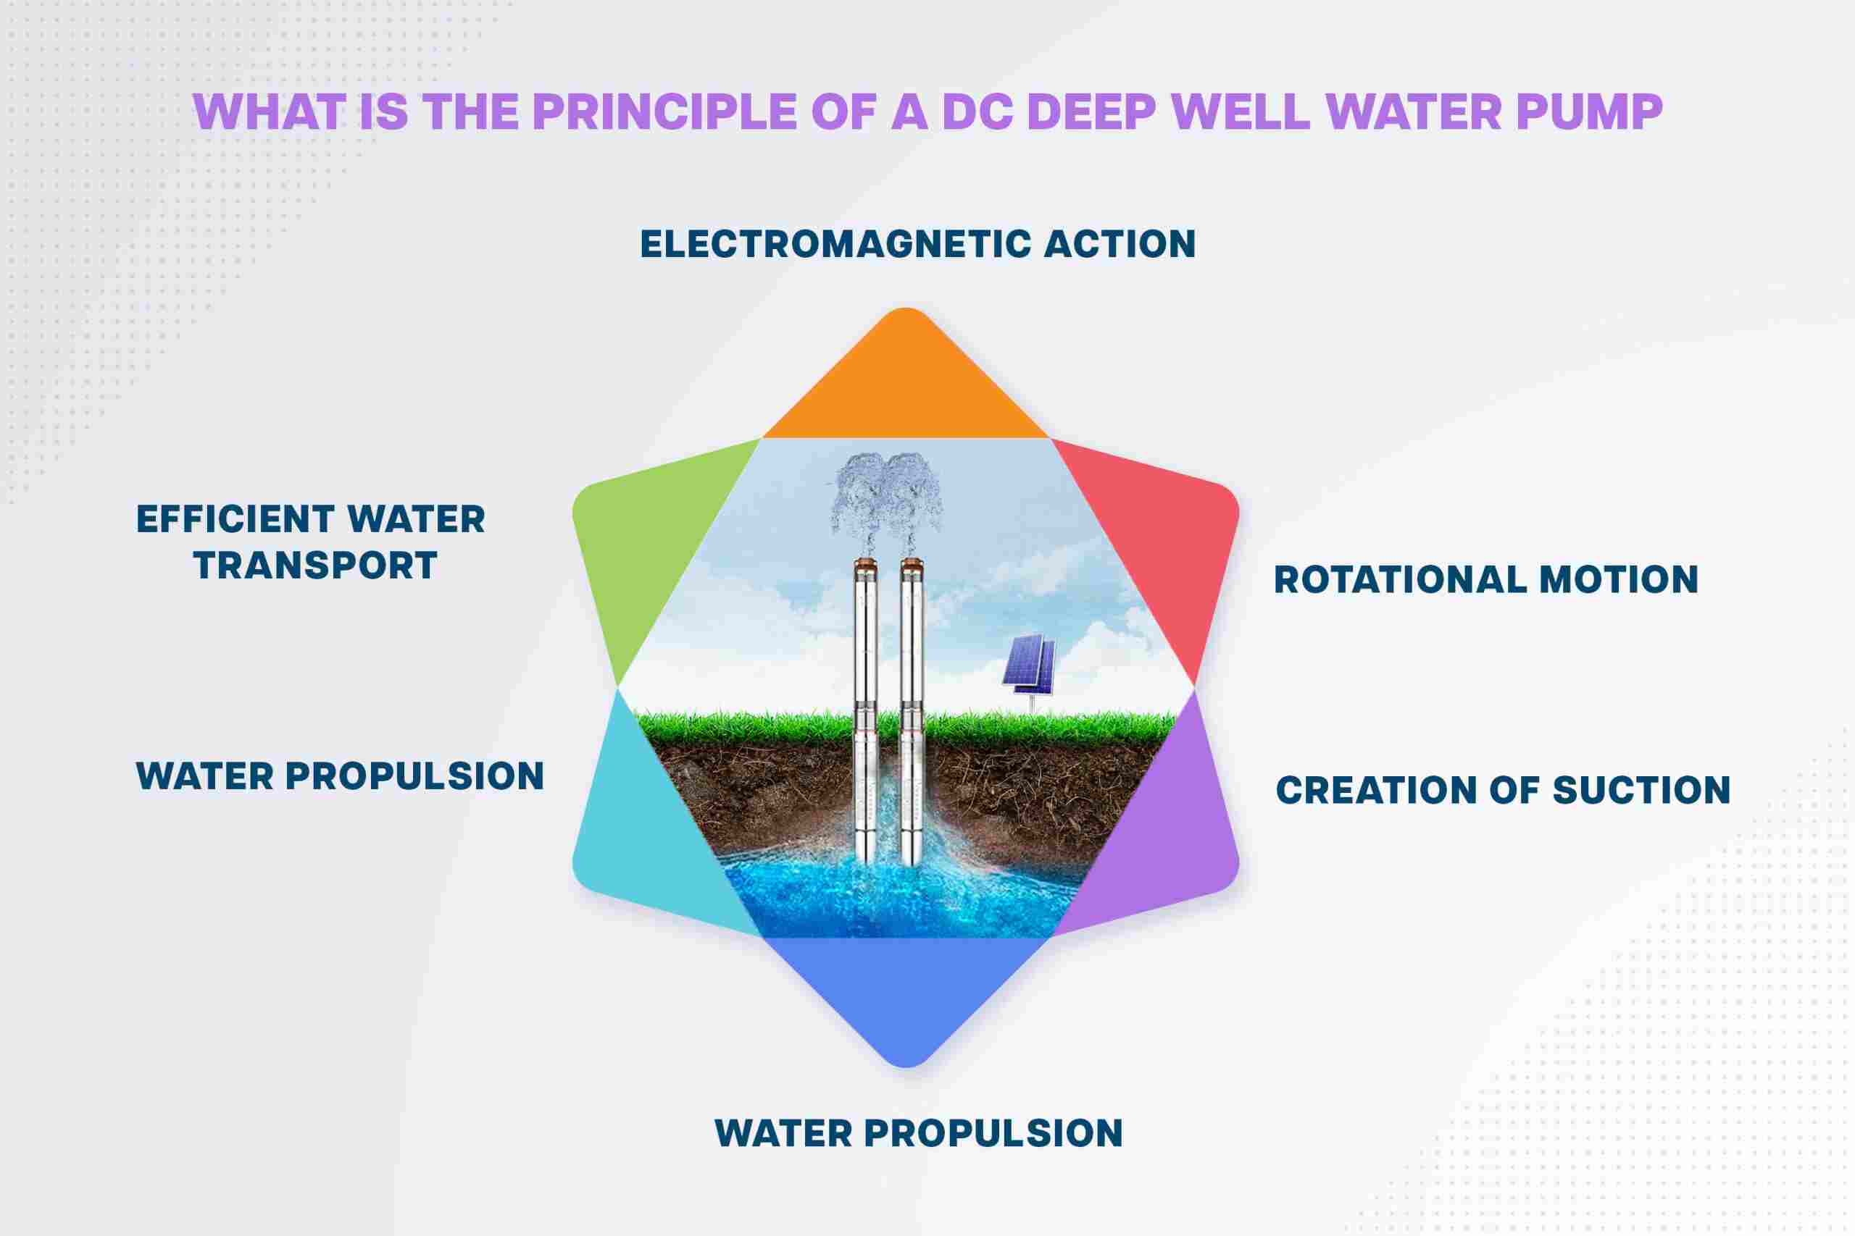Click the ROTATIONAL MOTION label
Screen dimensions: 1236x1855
1486,580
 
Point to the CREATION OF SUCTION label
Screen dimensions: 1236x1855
1504,791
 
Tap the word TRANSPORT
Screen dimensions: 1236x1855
315,566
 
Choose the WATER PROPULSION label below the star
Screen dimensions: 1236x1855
918,1133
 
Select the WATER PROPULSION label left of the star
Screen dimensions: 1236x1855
340,776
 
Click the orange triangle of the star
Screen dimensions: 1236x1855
906,386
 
